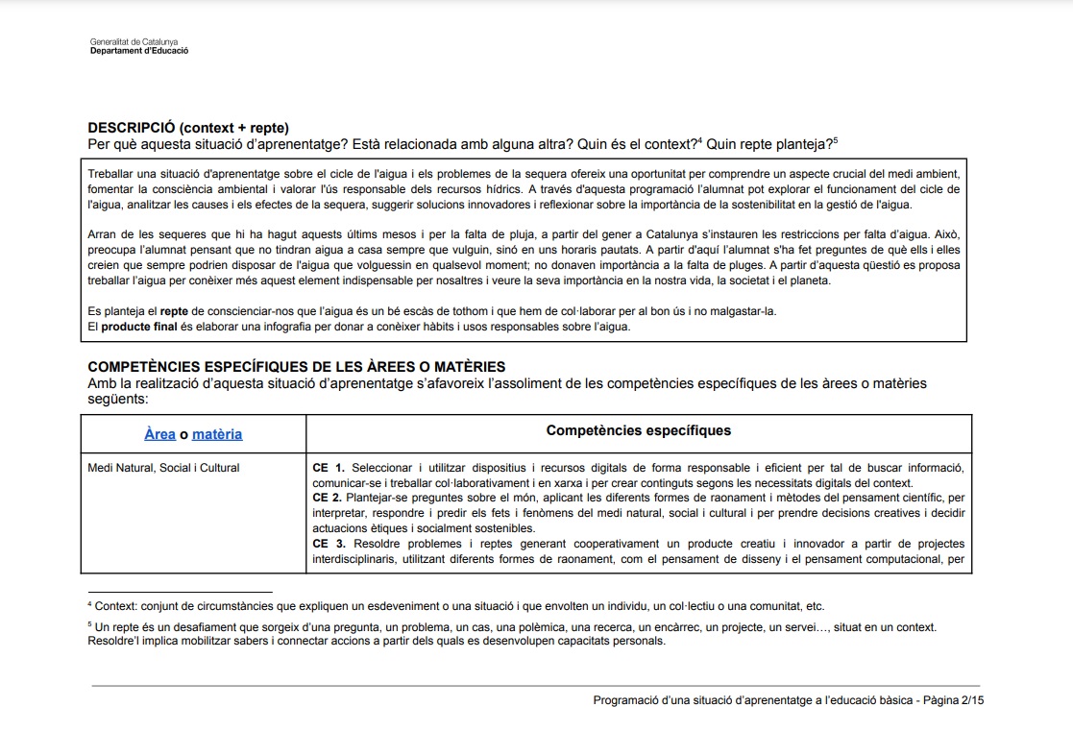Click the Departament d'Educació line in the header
(138, 51)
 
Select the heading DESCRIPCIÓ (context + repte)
(188, 128)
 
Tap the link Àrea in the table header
(159, 434)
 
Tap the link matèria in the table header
(217, 434)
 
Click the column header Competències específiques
(638, 430)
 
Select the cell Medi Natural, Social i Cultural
(163, 468)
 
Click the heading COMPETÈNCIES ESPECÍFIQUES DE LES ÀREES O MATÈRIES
(296, 367)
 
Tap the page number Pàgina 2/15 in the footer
(953, 700)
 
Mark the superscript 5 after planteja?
(836, 140)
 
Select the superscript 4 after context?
(699, 140)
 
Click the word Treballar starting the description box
(110, 173)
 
